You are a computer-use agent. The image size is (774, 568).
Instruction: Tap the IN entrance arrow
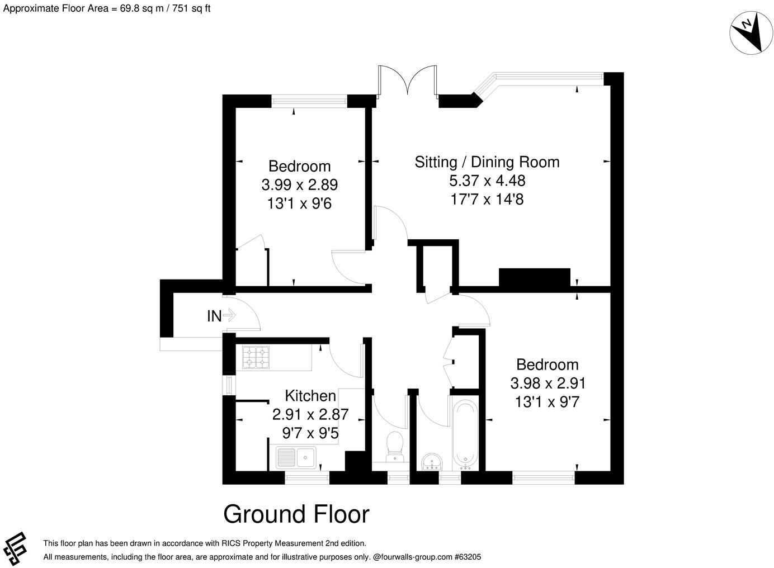[229, 315]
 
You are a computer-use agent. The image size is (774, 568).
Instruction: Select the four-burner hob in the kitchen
[256, 357]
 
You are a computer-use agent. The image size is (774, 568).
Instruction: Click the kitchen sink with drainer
[296, 457]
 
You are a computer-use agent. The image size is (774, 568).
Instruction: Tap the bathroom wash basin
[432, 462]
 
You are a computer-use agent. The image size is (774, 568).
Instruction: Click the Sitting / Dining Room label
[487, 162]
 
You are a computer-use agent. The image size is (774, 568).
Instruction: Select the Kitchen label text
[310, 396]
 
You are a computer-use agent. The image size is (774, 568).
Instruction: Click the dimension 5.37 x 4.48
[487, 181]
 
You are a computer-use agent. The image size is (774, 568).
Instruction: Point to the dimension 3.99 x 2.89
[299, 185]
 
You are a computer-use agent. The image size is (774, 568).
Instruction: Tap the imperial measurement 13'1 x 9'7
[548, 402]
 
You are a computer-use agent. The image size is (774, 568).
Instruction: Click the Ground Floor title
[296, 514]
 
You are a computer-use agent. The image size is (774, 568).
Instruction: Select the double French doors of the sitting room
[408, 80]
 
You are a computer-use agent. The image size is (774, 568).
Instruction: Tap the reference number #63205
[468, 557]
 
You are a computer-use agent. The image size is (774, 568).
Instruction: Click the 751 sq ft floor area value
[191, 8]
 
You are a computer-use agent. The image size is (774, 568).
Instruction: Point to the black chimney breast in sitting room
[534, 277]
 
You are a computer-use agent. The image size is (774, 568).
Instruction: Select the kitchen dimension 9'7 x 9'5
[310, 433]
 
